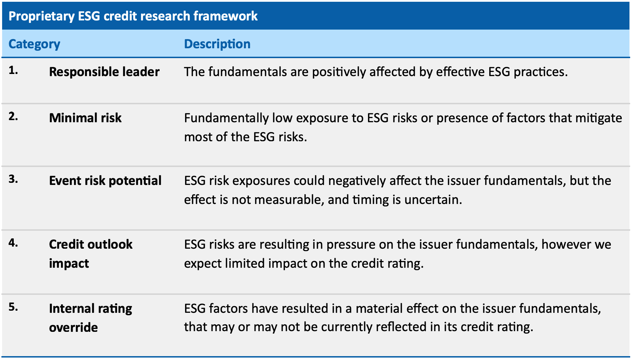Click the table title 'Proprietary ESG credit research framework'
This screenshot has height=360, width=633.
133,16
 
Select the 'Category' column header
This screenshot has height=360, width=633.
34,44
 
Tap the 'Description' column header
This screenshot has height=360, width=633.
217,44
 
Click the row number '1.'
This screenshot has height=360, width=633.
13,70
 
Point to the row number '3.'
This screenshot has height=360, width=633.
13,179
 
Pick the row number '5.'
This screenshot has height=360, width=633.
13,307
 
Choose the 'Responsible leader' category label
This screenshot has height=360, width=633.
104,72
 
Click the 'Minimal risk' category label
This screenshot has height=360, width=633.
85,118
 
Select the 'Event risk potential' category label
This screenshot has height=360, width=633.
105,181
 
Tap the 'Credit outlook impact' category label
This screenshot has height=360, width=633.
91,254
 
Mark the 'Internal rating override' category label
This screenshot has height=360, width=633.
91,318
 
